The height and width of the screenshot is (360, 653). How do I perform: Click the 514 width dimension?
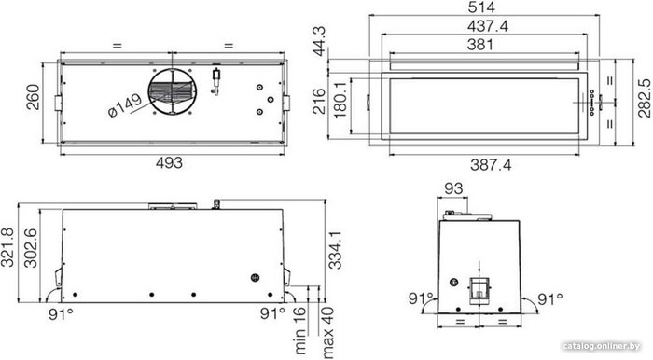(481, 7)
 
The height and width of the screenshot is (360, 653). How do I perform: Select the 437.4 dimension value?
(488, 26)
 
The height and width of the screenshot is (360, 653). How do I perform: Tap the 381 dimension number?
(480, 45)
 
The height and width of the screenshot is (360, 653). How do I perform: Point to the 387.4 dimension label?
(491, 165)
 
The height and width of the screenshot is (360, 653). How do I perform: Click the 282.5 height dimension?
(644, 98)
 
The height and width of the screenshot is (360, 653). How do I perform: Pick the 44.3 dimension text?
(320, 41)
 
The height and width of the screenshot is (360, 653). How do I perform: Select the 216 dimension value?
(319, 101)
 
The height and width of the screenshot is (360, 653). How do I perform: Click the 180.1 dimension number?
(340, 100)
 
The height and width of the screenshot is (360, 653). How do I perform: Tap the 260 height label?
(33, 97)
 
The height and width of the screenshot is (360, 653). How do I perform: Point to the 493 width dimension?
(169, 162)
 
